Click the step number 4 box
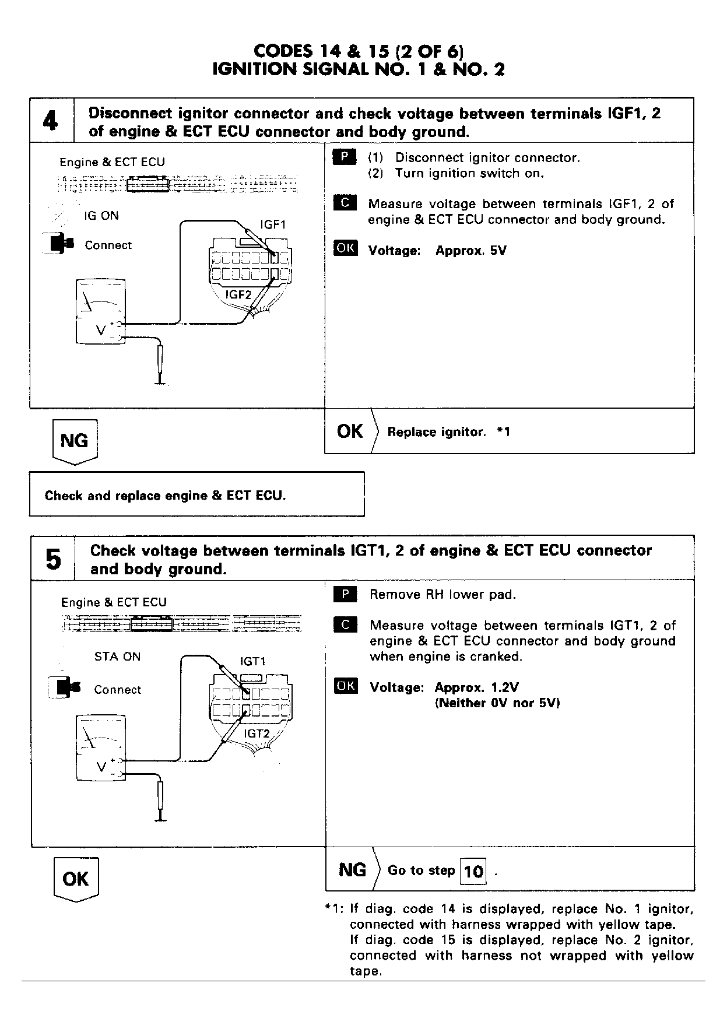tap(51, 121)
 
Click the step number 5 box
tap(52, 559)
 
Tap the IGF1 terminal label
tap(273, 224)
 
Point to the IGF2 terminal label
tap(238, 294)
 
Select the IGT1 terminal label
tap(253, 661)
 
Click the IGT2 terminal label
tap(257, 733)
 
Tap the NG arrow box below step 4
tap(75, 441)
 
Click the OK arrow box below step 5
tap(76, 879)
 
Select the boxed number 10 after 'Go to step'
tap(473, 872)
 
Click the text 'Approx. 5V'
tap(471, 251)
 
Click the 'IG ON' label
tap(101, 216)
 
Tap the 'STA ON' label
tap(117, 657)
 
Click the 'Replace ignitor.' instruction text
tap(436, 432)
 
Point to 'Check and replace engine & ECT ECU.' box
tap(196, 495)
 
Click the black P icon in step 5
tap(346, 595)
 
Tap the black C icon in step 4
tap(345, 203)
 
